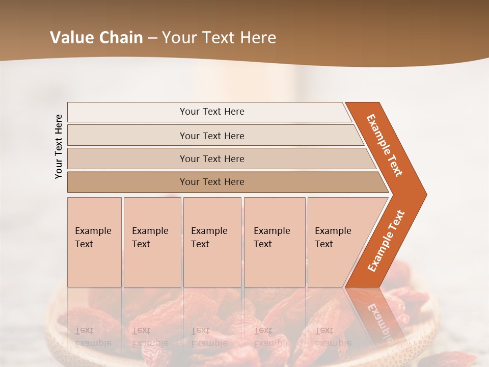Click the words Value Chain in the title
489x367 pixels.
[96, 38]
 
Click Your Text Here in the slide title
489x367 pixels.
[219, 38]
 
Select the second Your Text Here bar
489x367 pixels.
[212, 136]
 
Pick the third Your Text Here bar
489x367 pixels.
[212, 159]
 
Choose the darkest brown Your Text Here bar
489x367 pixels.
[212, 182]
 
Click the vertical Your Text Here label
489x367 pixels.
[59, 146]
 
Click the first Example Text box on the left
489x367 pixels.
[94, 242]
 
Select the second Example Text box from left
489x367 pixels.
[152, 242]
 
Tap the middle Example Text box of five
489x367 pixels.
[211, 242]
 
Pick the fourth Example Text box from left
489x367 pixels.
[274, 242]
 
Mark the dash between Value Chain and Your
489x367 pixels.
[152, 38]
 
